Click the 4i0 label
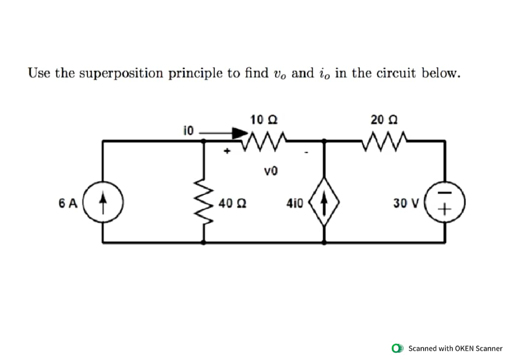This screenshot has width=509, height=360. tap(295, 204)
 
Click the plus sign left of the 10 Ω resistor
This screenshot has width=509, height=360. tap(228, 150)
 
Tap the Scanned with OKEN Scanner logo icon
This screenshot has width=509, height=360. tap(397, 348)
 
